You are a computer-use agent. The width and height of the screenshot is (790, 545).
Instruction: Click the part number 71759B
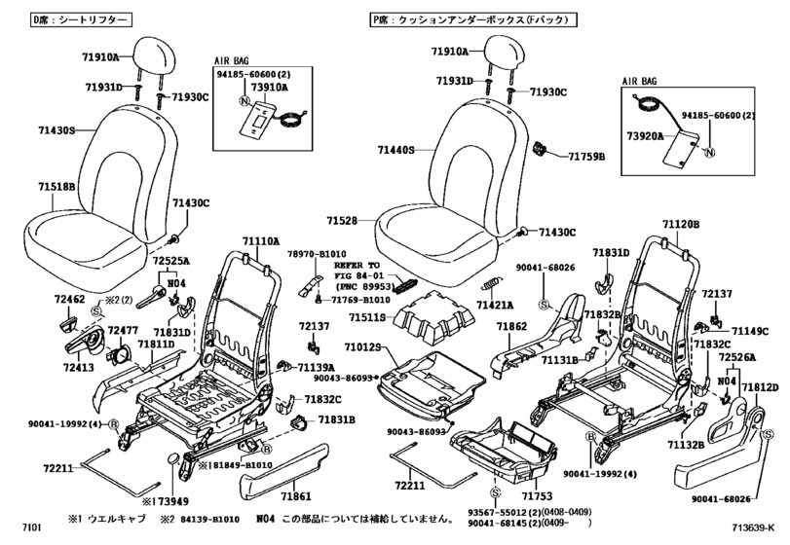coord(586,156)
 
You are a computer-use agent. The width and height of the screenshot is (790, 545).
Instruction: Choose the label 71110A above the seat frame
coord(261,239)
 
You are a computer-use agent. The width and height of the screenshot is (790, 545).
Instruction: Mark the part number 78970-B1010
coord(316,254)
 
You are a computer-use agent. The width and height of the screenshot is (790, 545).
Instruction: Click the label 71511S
coord(369,317)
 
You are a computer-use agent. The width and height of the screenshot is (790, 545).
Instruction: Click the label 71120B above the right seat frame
coord(681,225)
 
